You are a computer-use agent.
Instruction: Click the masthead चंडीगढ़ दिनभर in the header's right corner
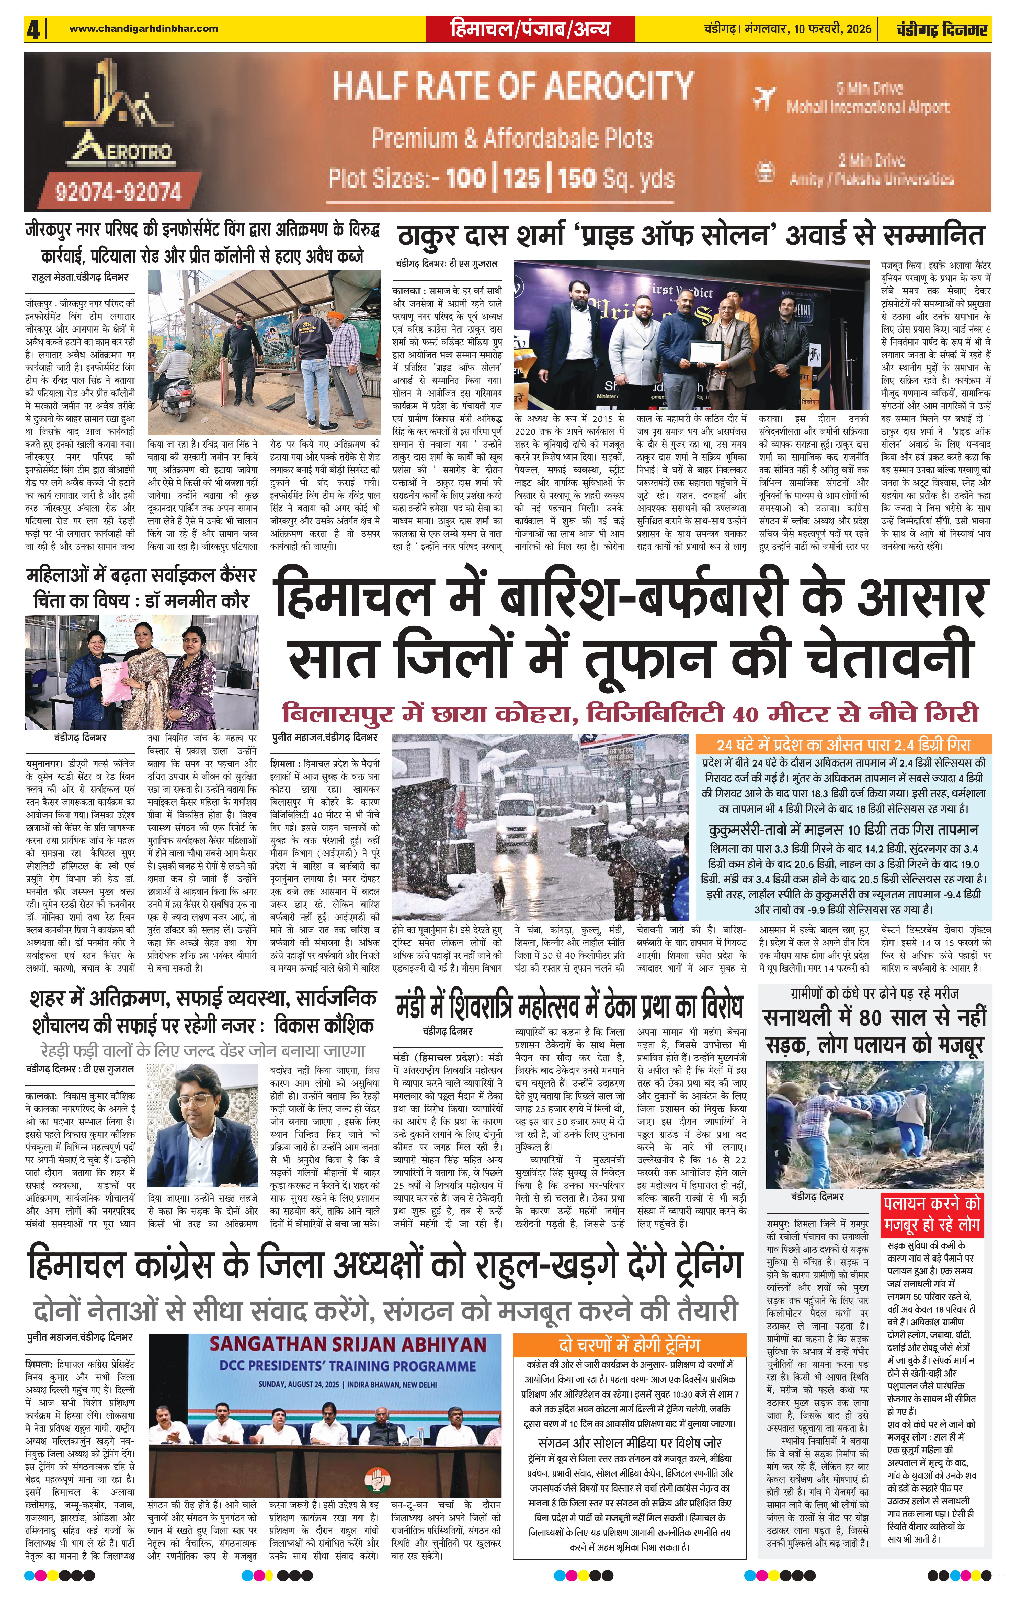[x=941, y=29]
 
